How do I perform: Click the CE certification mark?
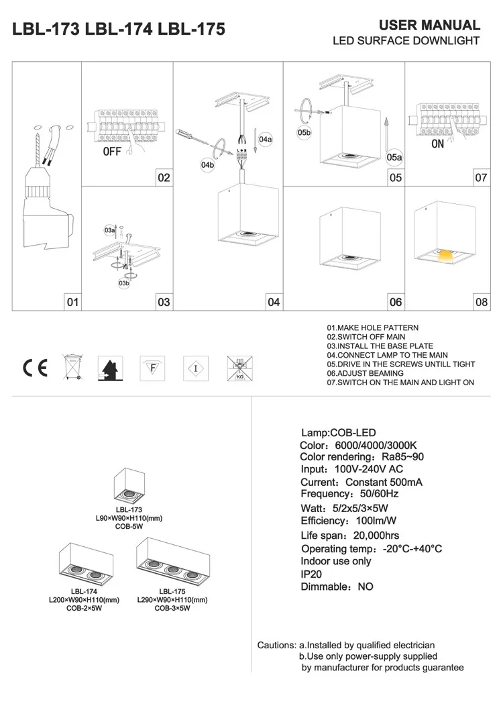pos(36,368)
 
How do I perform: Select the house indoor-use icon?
pos(111,368)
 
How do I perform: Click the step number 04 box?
pos(274,302)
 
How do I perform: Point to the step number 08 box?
pos(482,302)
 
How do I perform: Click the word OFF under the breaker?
pos(112,152)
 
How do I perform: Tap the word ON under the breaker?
pos(437,144)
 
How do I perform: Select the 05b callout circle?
pos(304,133)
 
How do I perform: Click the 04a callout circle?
pos(266,140)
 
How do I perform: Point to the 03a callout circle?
pos(110,230)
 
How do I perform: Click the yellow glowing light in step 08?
pos(445,256)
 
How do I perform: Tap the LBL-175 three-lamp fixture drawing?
pos(173,561)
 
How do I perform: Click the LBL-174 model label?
pos(84,591)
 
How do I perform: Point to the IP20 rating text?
pos(311,574)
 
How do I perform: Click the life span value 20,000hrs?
pos(376,536)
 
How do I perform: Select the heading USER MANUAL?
pos(429,25)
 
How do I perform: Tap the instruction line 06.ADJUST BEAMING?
pos(365,374)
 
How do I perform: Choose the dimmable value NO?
pos(366,587)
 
